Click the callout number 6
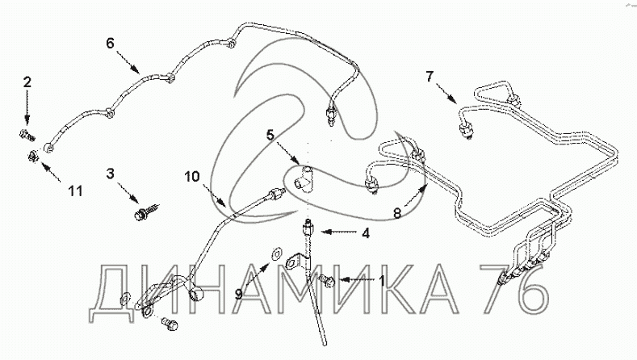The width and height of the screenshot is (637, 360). (x=111, y=43)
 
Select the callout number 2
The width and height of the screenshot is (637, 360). (x=27, y=82)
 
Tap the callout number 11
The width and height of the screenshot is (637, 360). (x=75, y=190)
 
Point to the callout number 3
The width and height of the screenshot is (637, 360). (x=111, y=174)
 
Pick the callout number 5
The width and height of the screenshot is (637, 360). (x=270, y=135)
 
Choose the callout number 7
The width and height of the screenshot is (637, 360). (x=430, y=77)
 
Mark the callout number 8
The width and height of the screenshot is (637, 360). (x=397, y=212)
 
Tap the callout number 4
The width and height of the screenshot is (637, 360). (x=366, y=233)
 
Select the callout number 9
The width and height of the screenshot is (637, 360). (x=239, y=294)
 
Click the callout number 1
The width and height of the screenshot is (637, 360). (x=381, y=280)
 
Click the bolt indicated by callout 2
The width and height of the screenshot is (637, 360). (x=27, y=135)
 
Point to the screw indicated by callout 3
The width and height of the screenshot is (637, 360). (x=146, y=212)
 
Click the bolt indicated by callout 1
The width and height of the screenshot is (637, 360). (x=327, y=280)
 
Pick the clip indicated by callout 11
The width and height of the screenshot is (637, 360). (x=33, y=155)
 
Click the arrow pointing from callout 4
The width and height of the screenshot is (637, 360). (x=339, y=232)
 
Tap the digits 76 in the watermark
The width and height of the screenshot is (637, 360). (x=513, y=289)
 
